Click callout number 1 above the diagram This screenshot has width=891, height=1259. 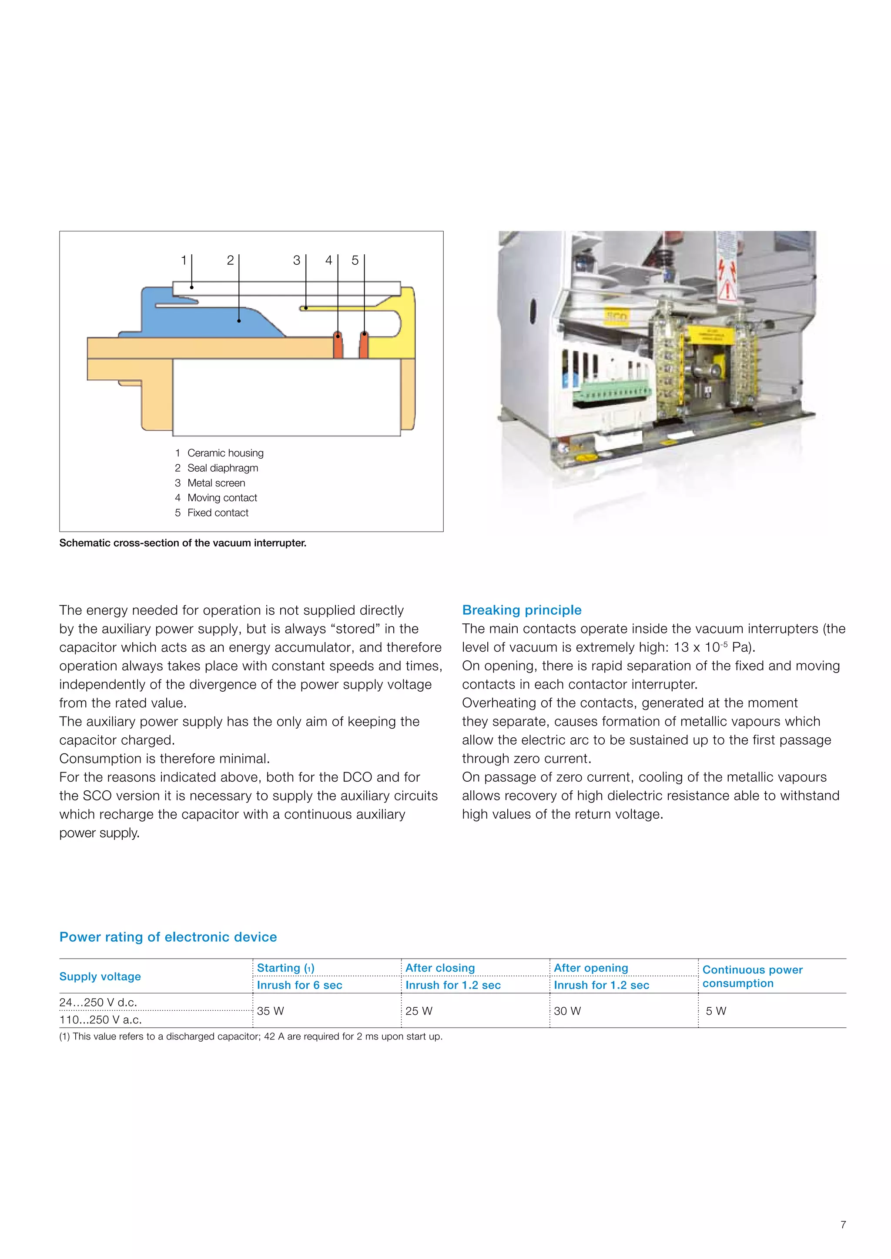pyautogui.click(x=184, y=260)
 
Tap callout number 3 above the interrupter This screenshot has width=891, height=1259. pyautogui.click(x=296, y=260)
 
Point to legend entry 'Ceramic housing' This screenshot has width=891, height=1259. pyautogui.click(x=225, y=453)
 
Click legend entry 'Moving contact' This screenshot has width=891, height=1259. pyautogui.click(x=221, y=497)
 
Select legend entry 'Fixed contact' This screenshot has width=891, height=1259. pyautogui.click(x=217, y=513)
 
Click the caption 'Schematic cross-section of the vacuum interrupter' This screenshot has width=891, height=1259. pyautogui.click(x=183, y=543)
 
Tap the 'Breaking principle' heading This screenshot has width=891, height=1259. pyautogui.click(x=521, y=610)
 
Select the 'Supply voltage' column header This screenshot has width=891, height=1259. pyautogui.click(x=100, y=976)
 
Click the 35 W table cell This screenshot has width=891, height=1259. pyautogui.click(x=271, y=1011)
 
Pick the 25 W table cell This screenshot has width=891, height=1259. pyautogui.click(x=419, y=1011)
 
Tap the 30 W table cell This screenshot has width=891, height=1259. pyautogui.click(x=567, y=1011)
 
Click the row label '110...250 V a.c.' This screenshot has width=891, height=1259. pyautogui.click(x=100, y=1019)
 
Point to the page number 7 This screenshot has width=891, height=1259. pyautogui.click(x=843, y=1225)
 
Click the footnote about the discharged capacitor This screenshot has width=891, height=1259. pyautogui.click(x=251, y=1036)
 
